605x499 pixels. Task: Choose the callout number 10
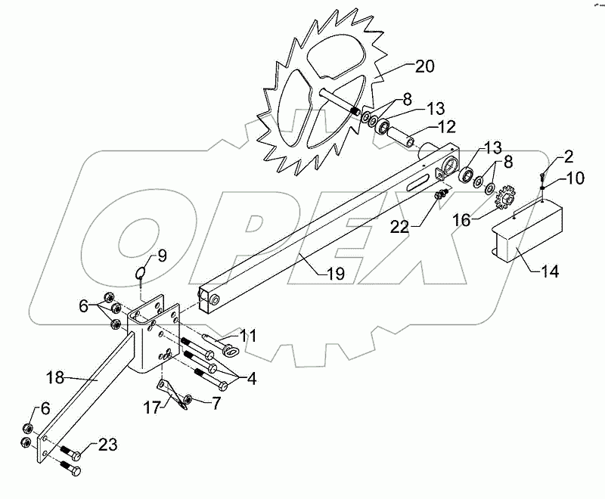(576, 178)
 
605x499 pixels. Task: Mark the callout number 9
(161, 256)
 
